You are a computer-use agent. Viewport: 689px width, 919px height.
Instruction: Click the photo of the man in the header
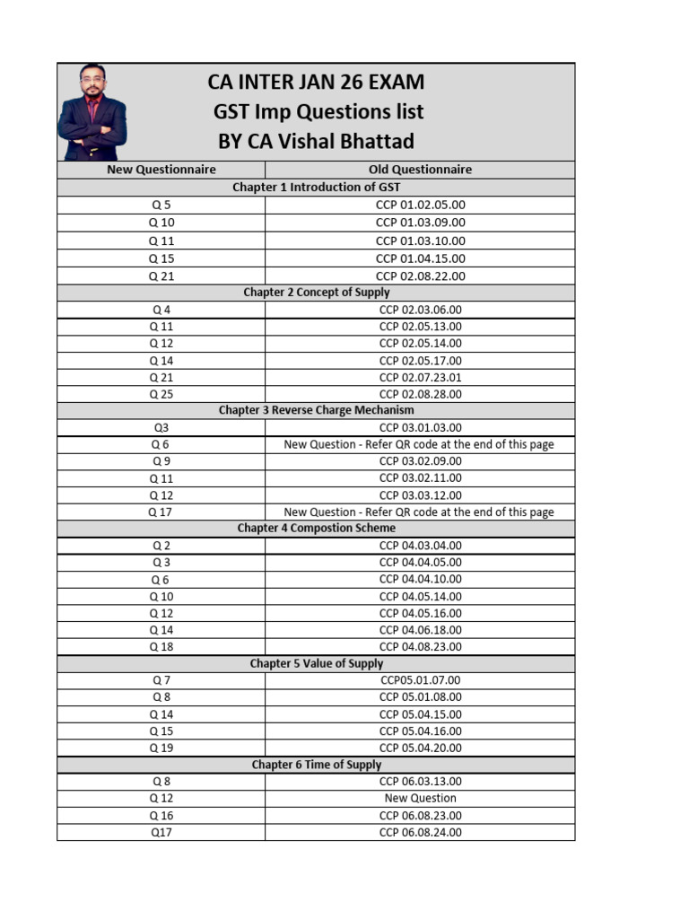[92, 112]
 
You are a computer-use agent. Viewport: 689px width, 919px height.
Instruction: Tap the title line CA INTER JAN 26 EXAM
[316, 83]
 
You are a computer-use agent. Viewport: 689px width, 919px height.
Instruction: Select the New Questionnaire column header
[161, 170]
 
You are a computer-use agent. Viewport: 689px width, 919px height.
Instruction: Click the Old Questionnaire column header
[420, 170]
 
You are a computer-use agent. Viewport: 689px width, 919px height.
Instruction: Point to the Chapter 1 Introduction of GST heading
[316, 188]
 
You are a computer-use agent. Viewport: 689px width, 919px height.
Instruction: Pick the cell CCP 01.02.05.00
[420, 205]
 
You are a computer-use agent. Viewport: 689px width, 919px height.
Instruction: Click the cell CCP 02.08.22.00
[420, 276]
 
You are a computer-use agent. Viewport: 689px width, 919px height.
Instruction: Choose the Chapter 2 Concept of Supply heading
[316, 293]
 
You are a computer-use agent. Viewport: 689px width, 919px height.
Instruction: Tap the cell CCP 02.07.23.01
[420, 377]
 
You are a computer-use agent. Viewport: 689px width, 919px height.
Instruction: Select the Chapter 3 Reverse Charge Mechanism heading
[316, 410]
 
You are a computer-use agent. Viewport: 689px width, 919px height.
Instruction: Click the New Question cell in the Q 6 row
[419, 444]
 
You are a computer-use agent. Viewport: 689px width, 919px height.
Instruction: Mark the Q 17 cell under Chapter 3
[161, 512]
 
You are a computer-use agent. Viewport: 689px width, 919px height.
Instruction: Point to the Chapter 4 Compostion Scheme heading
[316, 529]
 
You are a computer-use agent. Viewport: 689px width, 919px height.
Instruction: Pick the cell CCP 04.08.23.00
[420, 646]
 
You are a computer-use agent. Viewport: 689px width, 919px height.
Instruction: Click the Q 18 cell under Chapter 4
[161, 646]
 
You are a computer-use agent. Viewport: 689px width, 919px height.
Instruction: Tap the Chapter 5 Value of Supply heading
[316, 664]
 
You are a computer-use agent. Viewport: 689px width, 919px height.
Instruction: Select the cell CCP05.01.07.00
[420, 680]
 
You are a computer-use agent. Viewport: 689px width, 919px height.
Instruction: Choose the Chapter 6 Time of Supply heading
[316, 765]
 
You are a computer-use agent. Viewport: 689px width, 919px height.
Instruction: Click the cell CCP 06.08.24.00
[420, 832]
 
